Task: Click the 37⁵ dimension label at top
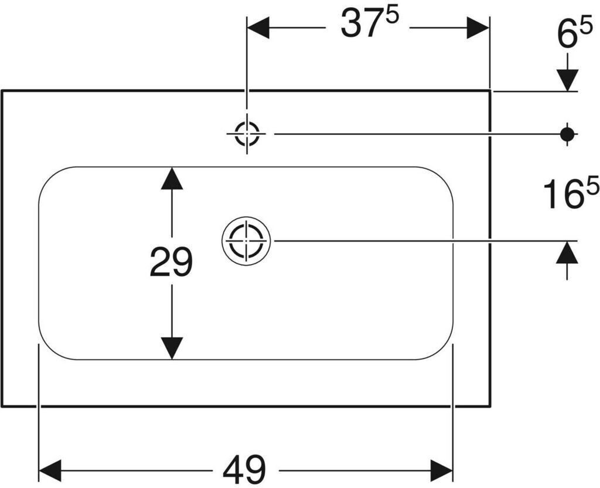pyautogui.click(x=369, y=23)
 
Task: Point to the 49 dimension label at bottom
pyautogui.click(x=244, y=470)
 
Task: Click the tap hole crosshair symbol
pyautogui.click(x=247, y=134)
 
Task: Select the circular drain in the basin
pyautogui.click(x=247, y=241)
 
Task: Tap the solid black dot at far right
pyautogui.click(x=567, y=134)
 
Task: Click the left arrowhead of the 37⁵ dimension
pyautogui.click(x=258, y=28)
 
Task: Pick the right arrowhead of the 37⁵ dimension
pyautogui.click(x=478, y=28)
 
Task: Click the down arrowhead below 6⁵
pyautogui.click(x=567, y=80)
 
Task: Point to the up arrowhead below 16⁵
pyautogui.click(x=567, y=252)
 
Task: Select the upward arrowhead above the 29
pyautogui.click(x=172, y=178)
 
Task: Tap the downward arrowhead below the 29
pyautogui.click(x=172, y=348)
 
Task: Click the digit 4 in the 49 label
pyautogui.click(x=233, y=470)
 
